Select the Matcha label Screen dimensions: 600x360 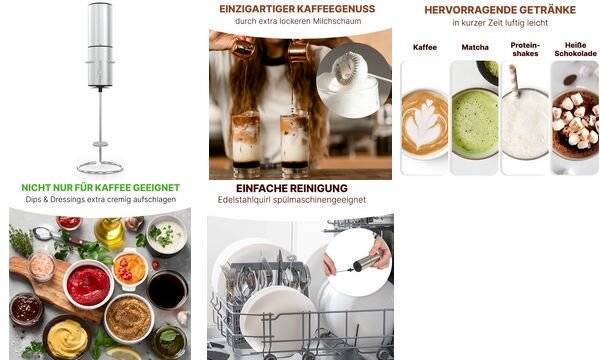tap(475, 47)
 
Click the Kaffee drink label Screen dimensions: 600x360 tap(425, 47)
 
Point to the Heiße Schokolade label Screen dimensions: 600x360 tap(576, 50)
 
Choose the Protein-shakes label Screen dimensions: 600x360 tap(525, 50)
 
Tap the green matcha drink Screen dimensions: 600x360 tap(475, 123)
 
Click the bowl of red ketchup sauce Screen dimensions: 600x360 tap(88, 284)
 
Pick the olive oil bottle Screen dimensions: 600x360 tap(110, 233)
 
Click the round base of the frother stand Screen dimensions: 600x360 tap(100, 168)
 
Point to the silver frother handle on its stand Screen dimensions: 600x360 tap(100, 45)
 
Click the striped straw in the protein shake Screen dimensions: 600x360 tap(514, 80)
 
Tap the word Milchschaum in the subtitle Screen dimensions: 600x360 tap(337, 21)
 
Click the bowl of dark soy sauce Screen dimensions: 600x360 tap(167, 290)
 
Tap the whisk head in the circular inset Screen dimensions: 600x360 tap(347, 68)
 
